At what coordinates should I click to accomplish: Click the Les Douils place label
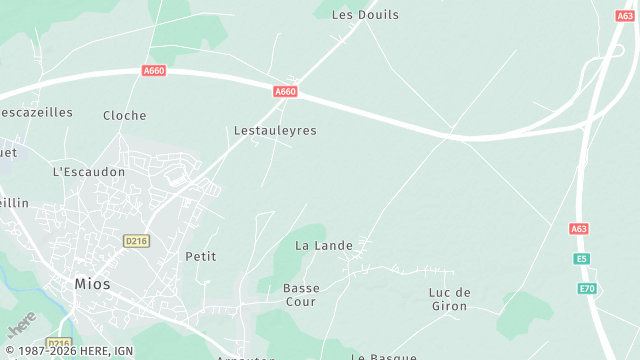[x=365, y=15]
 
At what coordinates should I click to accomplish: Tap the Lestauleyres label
[x=275, y=131]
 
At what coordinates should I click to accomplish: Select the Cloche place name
[x=125, y=116]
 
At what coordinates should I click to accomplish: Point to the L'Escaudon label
[x=89, y=172]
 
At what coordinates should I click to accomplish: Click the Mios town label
[x=93, y=284]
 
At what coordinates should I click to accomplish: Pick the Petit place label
[x=201, y=257]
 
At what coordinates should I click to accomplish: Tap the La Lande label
[x=318, y=245]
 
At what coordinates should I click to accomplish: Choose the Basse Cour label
[x=301, y=295]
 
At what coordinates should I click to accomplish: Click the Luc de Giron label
[x=449, y=299]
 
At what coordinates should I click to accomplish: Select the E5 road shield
[x=582, y=259]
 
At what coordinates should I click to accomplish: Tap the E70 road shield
[x=587, y=289]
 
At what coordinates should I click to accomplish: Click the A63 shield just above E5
[x=579, y=229]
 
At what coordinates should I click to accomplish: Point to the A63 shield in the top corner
[x=625, y=16]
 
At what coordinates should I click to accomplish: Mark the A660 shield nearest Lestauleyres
[x=286, y=92]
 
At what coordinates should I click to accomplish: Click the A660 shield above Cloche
[x=154, y=71]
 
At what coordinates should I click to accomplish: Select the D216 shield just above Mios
[x=136, y=241]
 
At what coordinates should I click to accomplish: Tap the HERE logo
[x=22, y=324]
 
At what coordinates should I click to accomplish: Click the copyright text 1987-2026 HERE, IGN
[x=68, y=351]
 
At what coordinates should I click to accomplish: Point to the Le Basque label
[x=383, y=356]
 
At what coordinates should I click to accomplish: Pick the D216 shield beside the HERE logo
[x=59, y=316]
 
